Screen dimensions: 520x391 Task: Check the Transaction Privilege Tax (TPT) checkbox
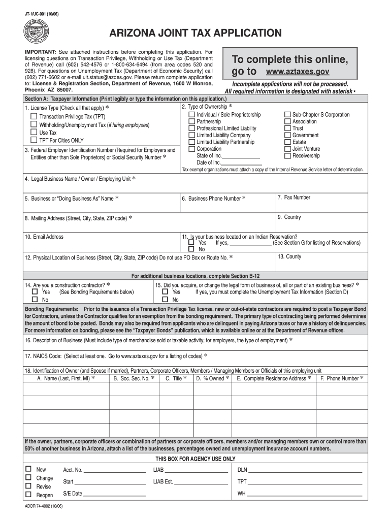click(34, 116)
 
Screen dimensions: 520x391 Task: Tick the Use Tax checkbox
click(34, 132)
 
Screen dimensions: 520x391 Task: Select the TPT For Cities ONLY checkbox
click(34, 140)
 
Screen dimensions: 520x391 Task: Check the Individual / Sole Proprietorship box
click(191, 115)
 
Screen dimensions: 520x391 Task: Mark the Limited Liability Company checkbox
click(191, 136)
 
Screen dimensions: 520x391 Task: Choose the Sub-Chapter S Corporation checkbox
click(287, 115)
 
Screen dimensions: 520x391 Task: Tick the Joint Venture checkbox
click(287, 149)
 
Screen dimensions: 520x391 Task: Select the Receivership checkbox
click(287, 156)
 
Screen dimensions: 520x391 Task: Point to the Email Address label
click(44, 237)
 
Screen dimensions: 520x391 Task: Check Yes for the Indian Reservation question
click(191, 243)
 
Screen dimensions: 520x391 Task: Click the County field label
click(289, 256)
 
